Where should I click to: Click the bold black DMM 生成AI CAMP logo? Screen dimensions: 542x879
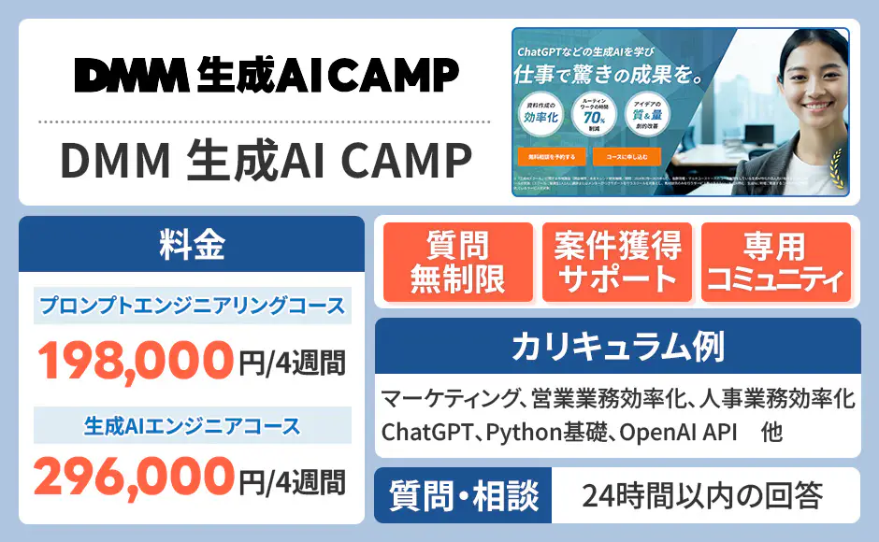pos(267,75)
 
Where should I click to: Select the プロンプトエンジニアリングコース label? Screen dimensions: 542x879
pos(192,306)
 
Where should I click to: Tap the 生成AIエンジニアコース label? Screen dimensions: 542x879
pos(192,426)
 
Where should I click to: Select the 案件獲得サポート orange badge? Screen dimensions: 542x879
pos(616,263)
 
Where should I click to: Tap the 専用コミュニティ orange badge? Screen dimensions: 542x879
pos(775,263)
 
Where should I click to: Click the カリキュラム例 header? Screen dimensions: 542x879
pos(617,347)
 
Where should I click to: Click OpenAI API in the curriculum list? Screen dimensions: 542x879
pos(674,434)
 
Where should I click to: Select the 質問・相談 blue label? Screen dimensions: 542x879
pos(464,495)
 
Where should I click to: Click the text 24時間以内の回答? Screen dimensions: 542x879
pos(702,495)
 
